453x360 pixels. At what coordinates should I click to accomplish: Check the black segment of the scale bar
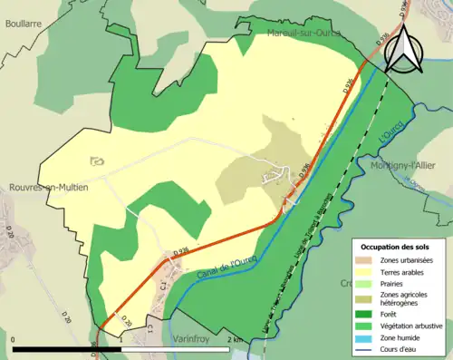(69, 349)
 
